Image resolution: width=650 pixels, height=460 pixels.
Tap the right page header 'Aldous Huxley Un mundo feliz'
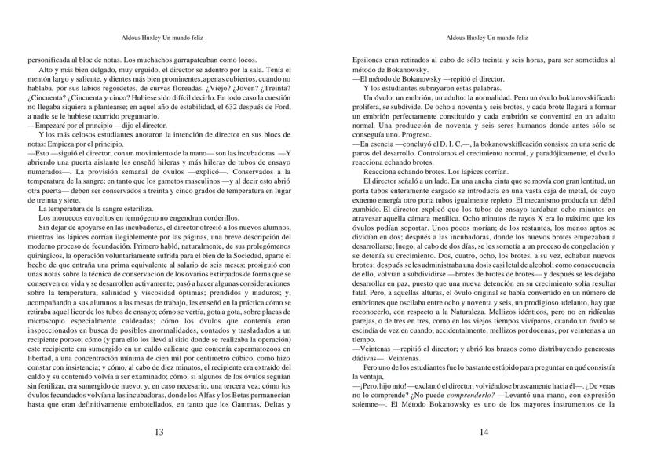(x=487, y=37)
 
